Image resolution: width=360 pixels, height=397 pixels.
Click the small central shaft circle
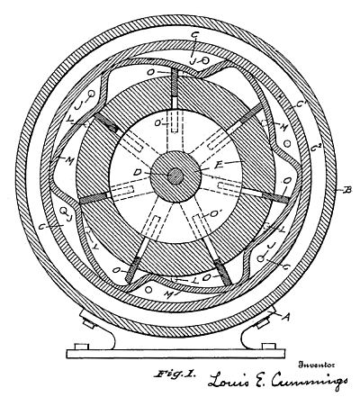175,176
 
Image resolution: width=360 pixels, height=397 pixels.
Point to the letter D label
137,172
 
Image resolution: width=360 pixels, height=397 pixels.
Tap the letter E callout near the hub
219,165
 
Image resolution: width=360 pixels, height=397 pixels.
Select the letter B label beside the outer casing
347,190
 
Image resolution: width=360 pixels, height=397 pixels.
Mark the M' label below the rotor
170,293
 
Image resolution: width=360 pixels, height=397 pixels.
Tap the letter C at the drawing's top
194,35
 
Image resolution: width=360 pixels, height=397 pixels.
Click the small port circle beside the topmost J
205,60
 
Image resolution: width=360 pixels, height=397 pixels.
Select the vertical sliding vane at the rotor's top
175,85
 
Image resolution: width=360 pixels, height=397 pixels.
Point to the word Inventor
317,365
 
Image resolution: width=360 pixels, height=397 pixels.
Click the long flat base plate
175,354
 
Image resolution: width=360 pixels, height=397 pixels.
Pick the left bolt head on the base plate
82,347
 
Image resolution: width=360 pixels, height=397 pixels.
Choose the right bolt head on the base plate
269,347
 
